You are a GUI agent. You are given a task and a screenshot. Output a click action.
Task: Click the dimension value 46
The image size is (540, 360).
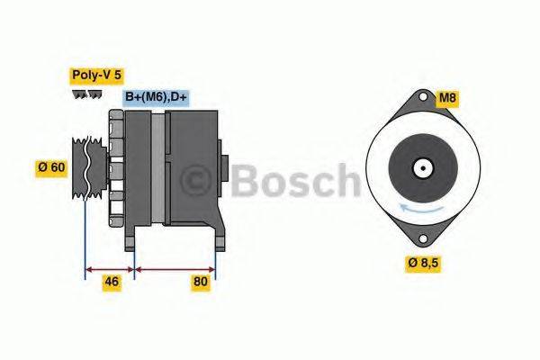click(110, 282)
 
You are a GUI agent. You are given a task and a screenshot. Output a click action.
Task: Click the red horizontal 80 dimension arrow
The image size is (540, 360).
click(175, 267)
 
